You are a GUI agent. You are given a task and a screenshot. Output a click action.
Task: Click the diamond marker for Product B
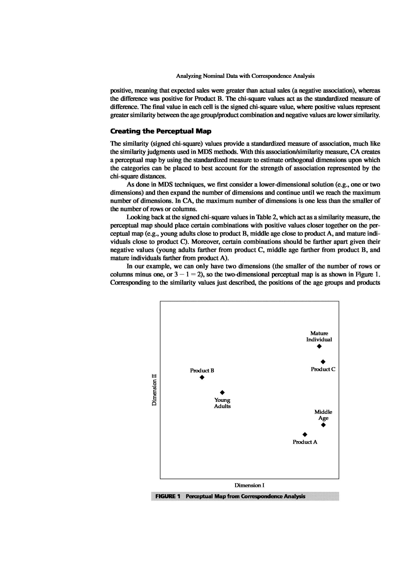tap(202, 377)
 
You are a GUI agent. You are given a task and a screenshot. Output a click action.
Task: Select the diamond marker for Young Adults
tap(222, 392)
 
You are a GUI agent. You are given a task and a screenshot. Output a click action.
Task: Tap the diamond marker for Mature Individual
tap(319, 346)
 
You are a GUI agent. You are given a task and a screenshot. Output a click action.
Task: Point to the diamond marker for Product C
tap(323, 362)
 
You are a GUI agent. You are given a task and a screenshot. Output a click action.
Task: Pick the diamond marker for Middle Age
tap(323, 425)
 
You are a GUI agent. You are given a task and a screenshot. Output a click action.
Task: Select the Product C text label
tap(323, 369)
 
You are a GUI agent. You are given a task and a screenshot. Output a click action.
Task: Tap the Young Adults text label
tap(222, 403)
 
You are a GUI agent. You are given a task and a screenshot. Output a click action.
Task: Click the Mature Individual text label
tap(319, 336)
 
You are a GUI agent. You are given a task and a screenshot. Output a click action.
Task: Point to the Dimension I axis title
tap(249, 485)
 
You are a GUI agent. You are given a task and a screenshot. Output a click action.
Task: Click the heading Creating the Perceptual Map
tap(161, 131)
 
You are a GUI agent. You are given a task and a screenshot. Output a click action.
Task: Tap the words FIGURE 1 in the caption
tap(168, 496)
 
